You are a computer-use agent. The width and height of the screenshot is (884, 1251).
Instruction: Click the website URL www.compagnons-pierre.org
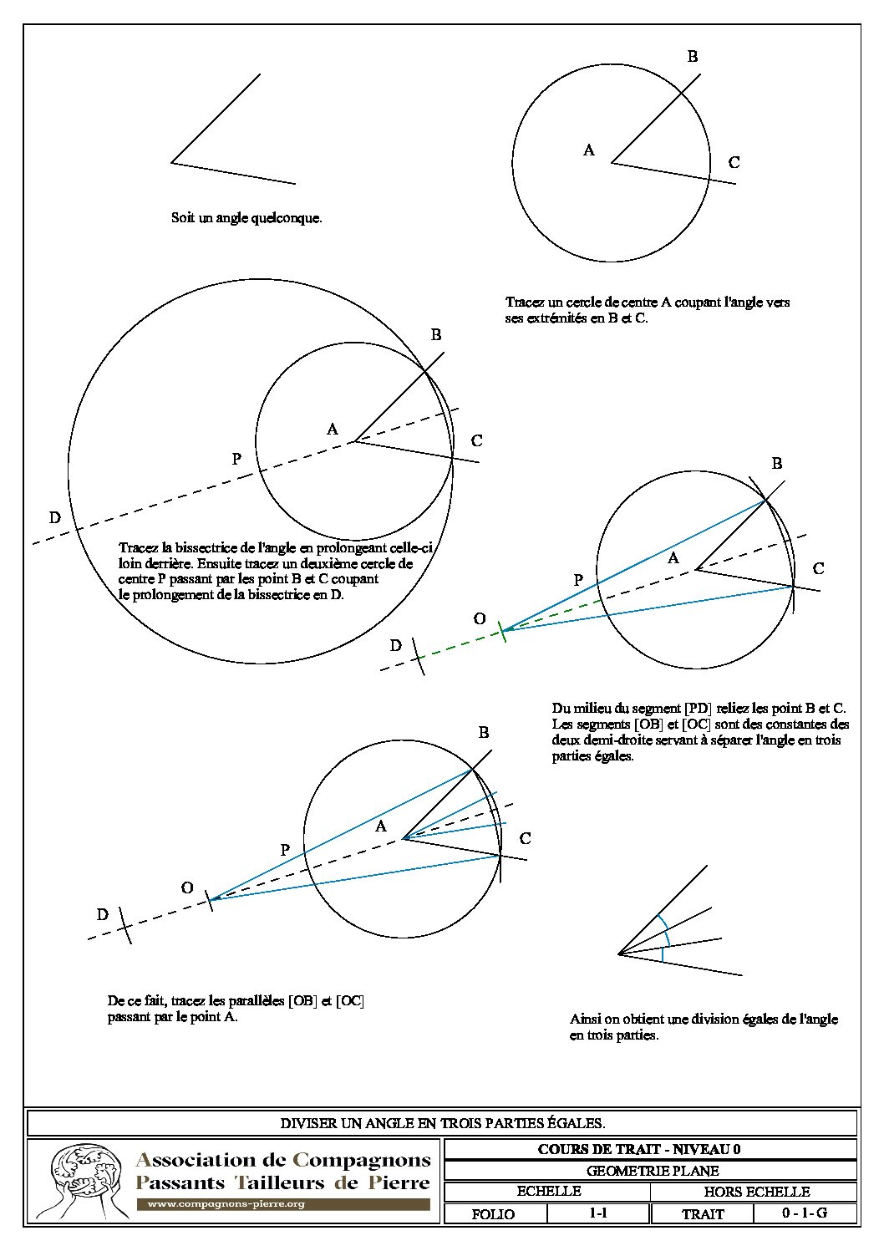pyautogui.click(x=226, y=1204)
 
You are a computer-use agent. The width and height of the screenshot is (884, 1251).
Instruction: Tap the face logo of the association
pyautogui.click(x=80, y=1181)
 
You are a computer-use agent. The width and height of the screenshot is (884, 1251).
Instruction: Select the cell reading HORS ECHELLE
pyautogui.click(x=756, y=1192)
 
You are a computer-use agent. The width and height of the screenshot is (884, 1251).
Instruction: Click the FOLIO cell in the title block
pyautogui.click(x=493, y=1214)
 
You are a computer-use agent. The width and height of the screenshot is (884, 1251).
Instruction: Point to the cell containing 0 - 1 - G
pyautogui.click(x=805, y=1213)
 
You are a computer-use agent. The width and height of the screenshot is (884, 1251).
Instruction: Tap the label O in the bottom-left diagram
pyautogui.click(x=187, y=887)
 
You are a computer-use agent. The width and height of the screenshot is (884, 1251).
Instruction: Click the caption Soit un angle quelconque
pyautogui.click(x=246, y=218)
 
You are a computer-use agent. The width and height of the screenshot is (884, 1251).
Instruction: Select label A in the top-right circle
pyautogui.click(x=589, y=150)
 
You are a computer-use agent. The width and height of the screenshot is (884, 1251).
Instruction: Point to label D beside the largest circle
pyautogui.click(x=55, y=518)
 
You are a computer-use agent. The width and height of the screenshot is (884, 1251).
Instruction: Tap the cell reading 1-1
pyautogui.click(x=597, y=1213)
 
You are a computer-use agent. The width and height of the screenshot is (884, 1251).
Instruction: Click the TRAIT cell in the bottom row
pyautogui.click(x=703, y=1214)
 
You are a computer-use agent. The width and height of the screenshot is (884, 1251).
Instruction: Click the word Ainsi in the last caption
pyautogui.click(x=585, y=1020)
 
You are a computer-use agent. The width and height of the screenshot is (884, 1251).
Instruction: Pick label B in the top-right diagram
pyautogui.click(x=693, y=57)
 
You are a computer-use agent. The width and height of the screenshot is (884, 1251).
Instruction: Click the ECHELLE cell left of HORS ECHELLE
pyautogui.click(x=549, y=1192)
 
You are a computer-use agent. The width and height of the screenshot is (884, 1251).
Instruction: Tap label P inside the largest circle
pyautogui.click(x=236, y=459)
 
